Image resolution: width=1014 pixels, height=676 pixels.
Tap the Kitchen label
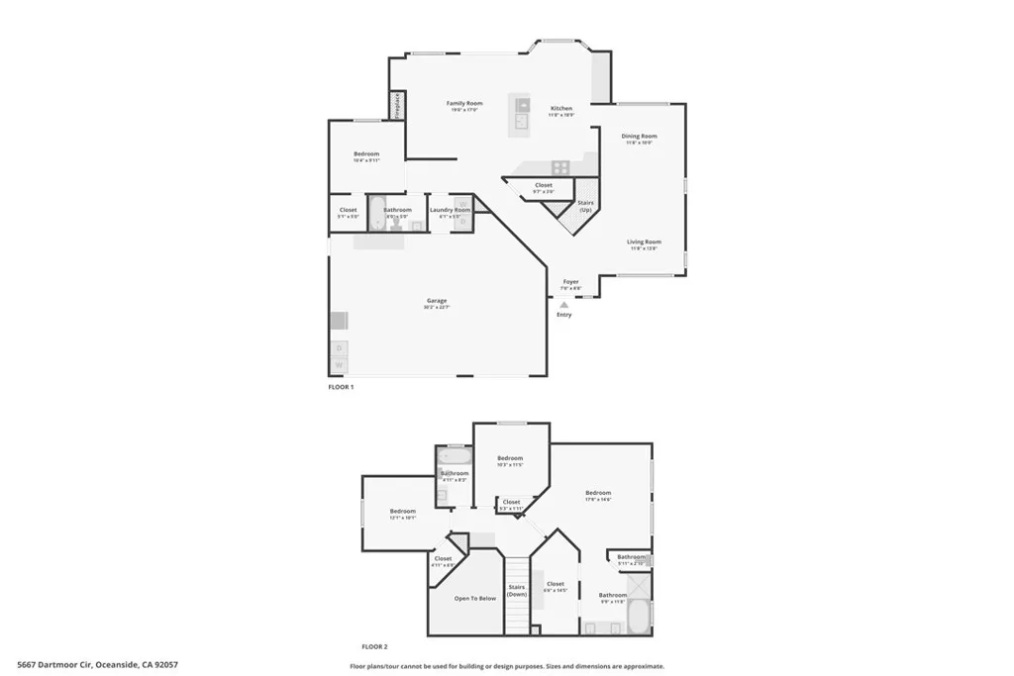(x=561, y=109)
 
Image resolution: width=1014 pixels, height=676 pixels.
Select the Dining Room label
(x=639, y=137)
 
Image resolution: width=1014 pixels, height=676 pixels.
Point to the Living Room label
(x=644, y=242)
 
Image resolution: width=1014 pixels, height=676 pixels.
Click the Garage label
(x=437, y=301)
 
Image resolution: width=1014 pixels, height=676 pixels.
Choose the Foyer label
(x=571, y=283)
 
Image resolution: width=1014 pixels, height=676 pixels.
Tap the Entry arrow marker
(x=564, y=305)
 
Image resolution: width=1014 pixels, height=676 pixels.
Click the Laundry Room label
(x=449, y=210)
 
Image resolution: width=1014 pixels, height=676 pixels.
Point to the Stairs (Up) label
(x=585, y=206)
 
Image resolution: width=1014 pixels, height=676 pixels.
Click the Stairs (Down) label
(x=517, y=590)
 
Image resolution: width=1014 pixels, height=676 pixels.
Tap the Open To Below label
(x=475, y=599)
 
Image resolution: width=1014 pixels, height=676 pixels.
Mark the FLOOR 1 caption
(x=341, y=387)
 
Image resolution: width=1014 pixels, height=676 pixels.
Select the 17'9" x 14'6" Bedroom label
(x=598, y=494)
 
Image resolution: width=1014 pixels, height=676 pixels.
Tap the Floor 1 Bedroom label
(x=366, y=155)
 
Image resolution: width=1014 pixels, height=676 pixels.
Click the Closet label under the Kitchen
(x=544, y=186)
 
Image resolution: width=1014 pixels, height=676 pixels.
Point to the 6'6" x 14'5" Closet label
(x=556, y=585)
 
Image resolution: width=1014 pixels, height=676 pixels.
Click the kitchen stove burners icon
(x=560, y=167)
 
